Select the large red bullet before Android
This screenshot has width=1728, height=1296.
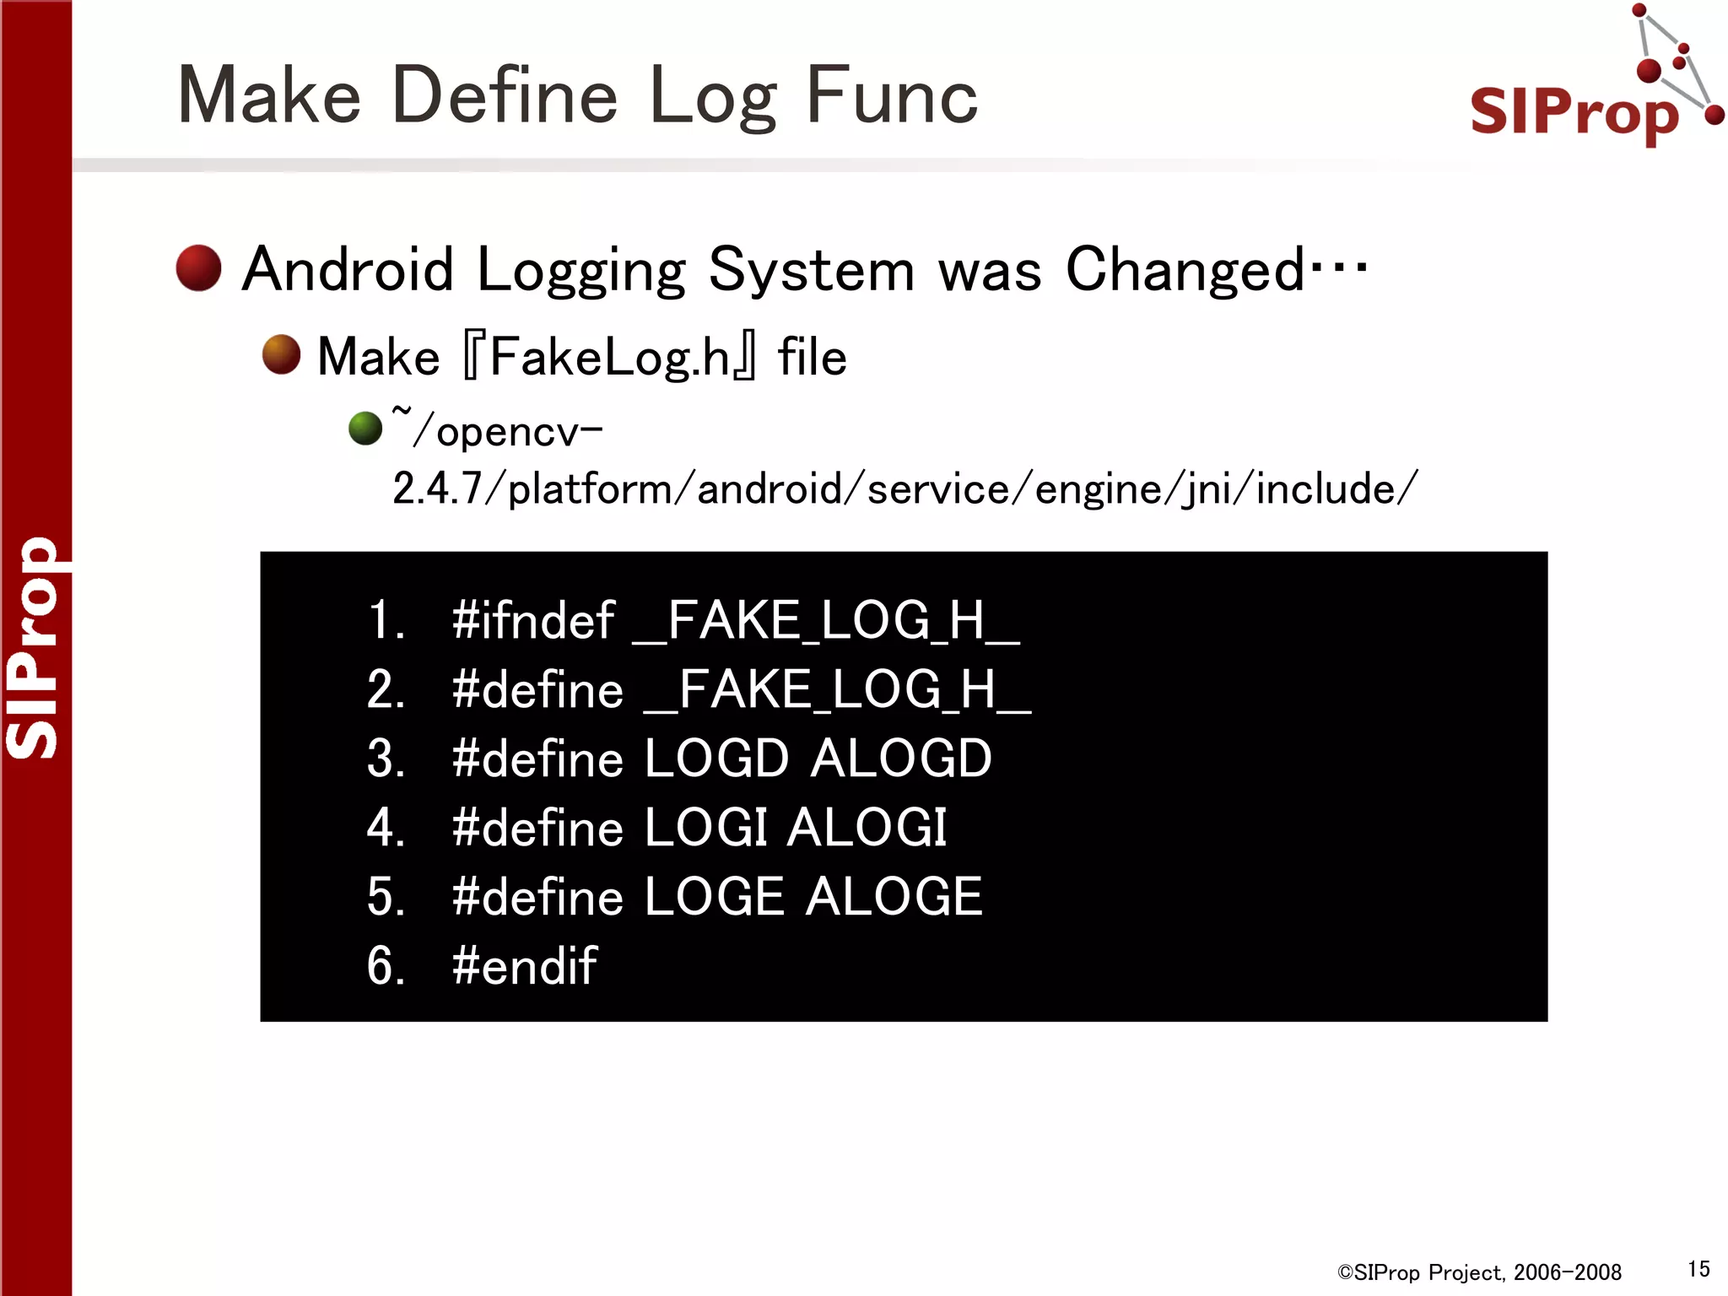(198, 268)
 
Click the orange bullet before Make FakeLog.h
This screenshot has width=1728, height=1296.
(281, 354)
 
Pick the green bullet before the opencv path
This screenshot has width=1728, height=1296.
(365, 428)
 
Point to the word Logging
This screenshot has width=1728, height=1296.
(581, 272)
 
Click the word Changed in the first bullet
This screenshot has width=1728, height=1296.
(1185, 270)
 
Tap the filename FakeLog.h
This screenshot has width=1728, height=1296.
(609, 357)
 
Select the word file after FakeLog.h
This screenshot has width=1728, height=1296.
(812, 357)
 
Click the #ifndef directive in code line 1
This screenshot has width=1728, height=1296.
(532, 621)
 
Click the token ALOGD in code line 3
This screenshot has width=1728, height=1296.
(901, 758)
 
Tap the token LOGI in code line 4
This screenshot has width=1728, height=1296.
(705, 827)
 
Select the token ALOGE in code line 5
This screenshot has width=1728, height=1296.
(894, 896)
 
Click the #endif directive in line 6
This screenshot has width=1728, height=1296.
(524, 965)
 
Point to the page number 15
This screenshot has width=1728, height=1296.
(1698, 1269)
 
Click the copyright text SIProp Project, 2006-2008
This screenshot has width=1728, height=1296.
(1479, 1272)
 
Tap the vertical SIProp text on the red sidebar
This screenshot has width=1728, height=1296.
(34, 648)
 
